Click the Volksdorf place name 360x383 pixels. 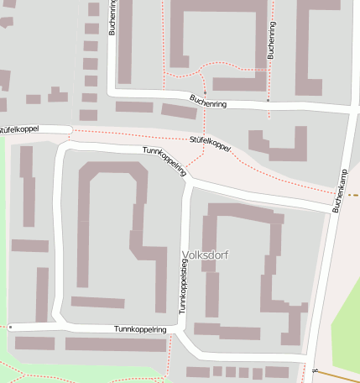click(x=205, y=254)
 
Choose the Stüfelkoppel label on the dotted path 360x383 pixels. click(x=210, y=144)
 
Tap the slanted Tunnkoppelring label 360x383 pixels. click(x=164, y=160)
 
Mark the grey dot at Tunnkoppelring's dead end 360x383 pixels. click(x=10, y=326)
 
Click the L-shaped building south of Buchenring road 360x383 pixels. click(x=279, y=144)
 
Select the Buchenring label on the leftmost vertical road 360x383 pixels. click(x=112, y=17)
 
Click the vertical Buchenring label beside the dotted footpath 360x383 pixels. click(x=271, y=39)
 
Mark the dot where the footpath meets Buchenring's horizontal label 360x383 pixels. click(x=204, y=92)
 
